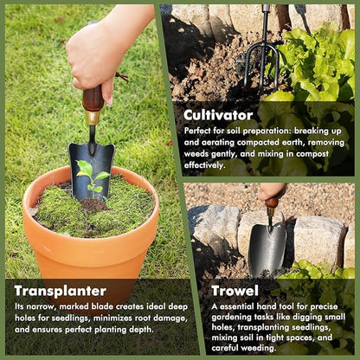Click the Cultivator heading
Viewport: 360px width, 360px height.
tap(218, 114)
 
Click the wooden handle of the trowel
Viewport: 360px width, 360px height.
tap(272, 203)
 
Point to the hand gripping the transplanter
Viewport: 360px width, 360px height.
tap(100, 52)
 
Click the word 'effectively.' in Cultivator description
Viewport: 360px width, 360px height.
tap(204, 164)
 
